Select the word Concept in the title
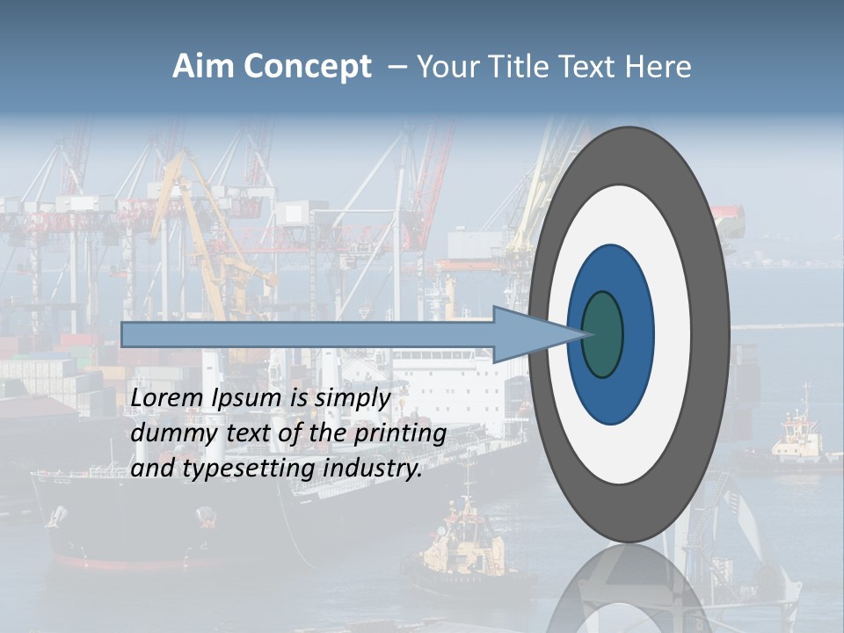[304, 67]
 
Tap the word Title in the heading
[517, 67]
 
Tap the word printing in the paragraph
[399, 433]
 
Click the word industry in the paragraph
[373, 469]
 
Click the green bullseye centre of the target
[603, 335]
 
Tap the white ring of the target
[672, 335]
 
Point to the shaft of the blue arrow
[308, 334]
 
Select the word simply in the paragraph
[352, 398]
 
